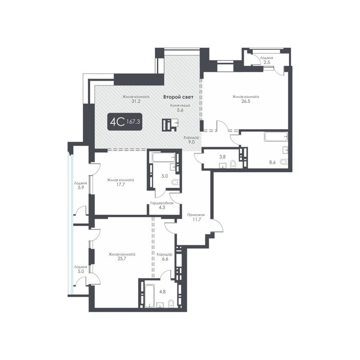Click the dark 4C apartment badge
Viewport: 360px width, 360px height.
tap(125, 122)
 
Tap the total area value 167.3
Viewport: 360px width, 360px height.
tap(133, 122)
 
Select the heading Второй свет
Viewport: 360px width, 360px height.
tap(178, 97)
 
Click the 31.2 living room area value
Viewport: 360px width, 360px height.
tap(136, 101)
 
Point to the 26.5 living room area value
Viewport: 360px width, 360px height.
tap(245, 101)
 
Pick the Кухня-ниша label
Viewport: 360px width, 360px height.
tap(180, 105)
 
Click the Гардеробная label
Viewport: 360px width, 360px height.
tap(161, 203)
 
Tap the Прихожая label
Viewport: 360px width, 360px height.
tap(196, 215)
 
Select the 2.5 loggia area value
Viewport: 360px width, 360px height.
tap(266, 62)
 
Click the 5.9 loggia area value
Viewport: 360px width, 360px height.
tap(80, 188)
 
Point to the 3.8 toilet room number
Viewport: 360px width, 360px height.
tap(222, 157)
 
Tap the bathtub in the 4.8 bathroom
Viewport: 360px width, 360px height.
tap(150, 296)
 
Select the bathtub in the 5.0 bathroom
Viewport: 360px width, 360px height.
tap(164, 158)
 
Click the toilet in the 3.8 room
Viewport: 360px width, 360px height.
tap(233, 165)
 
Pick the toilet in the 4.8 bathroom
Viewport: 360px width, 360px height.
tap(171, 303)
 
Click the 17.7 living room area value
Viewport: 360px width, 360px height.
tap(120, 184)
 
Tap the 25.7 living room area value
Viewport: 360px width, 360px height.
tap(122, 259)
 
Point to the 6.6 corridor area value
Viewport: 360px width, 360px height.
tap(165, 259)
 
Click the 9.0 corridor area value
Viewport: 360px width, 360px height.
tap(191, 142)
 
